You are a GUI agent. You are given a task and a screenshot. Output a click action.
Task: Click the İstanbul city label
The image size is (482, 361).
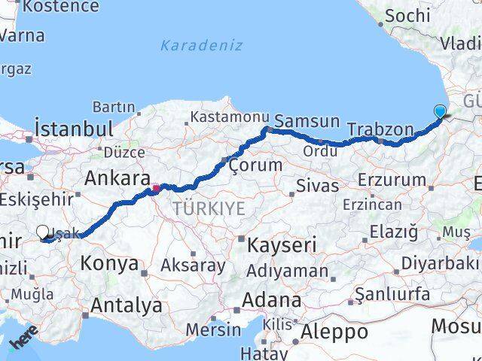(x=73, y=129)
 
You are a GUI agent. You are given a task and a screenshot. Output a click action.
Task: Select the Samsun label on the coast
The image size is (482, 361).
(x=307, y=121)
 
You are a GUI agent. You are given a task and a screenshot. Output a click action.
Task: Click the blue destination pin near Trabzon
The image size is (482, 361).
(x=440, y=112)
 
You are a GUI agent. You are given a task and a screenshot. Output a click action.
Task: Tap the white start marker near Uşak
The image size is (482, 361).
(x=43, y=233)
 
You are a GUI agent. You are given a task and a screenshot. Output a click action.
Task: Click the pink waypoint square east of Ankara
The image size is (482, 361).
(x=156, y=188)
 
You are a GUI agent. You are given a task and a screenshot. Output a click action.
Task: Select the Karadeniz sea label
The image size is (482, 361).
(x=201, y=45)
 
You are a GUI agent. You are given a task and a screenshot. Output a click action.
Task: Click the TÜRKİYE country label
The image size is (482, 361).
(x=209, y=208)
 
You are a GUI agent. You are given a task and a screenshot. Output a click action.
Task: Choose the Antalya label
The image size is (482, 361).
(x=126, y=305)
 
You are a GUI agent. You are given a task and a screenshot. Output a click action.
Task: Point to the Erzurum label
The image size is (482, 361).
(x=392, y=180)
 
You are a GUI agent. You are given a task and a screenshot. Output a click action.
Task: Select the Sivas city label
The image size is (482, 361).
(x=317, y=185)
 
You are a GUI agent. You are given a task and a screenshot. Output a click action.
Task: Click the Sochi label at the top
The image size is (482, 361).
(x=407, y=15)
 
